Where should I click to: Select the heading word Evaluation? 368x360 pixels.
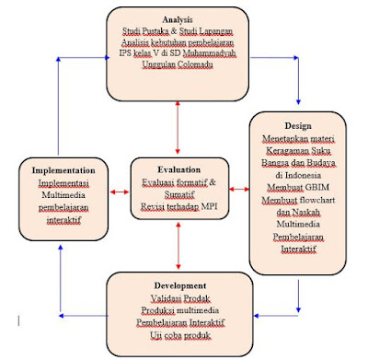pos(176,170)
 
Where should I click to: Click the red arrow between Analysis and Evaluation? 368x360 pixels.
pos(177,129)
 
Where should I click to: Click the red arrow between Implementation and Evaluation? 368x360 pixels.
pos(118,192)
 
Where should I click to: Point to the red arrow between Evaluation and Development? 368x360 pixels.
pos(177,248)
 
